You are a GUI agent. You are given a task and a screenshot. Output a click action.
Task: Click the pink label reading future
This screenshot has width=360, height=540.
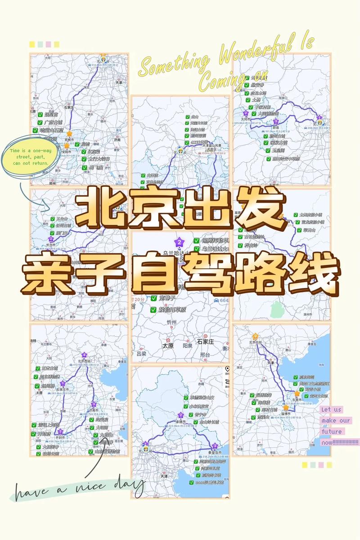click(332, 432)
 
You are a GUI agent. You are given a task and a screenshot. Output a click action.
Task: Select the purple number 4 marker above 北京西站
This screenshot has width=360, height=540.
click(84, 355)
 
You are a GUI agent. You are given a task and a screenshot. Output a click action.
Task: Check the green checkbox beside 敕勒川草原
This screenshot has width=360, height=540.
click(153, 310)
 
